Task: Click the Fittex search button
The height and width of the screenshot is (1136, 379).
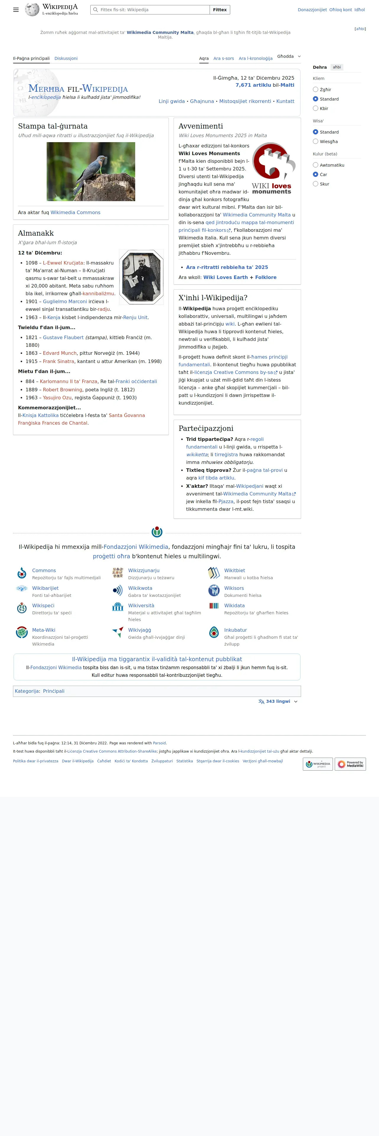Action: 220,10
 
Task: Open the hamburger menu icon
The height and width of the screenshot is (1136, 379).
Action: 16,10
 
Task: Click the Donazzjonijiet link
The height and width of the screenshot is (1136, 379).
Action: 312,10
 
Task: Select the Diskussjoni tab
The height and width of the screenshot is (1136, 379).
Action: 66,58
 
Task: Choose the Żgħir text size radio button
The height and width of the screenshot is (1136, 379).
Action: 316,90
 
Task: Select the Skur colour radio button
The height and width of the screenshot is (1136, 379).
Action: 316,184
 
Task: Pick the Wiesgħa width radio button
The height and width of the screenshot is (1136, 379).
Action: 316,142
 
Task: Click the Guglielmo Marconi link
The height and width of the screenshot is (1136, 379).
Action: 65,302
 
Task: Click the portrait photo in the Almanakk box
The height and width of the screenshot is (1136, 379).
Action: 141,277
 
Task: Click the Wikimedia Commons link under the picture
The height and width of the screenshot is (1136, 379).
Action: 76,213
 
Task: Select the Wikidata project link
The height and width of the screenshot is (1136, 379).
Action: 234,605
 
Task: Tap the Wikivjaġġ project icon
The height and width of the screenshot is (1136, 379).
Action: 118,632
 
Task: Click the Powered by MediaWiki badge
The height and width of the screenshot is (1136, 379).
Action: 350,764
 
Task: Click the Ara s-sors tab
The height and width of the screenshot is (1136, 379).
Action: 224,58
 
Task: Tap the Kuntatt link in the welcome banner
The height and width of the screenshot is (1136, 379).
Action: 285,101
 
